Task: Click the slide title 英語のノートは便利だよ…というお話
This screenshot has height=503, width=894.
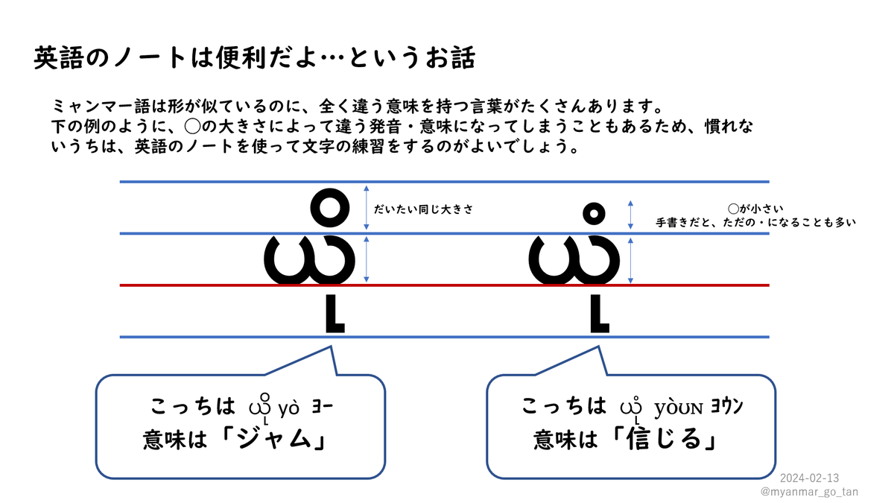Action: coord(253,58)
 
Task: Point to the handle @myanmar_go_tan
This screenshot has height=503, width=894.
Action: coord(809,492)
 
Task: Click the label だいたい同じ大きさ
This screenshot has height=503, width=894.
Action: coord(423,209)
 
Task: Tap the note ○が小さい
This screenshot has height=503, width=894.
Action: coord(755,209)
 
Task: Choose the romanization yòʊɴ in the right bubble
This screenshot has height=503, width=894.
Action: coord(678,408)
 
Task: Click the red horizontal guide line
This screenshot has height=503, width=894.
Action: coord(447,285)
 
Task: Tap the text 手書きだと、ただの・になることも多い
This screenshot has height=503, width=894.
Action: coord(755,222)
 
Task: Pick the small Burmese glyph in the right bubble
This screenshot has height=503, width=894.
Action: coord(633,409)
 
